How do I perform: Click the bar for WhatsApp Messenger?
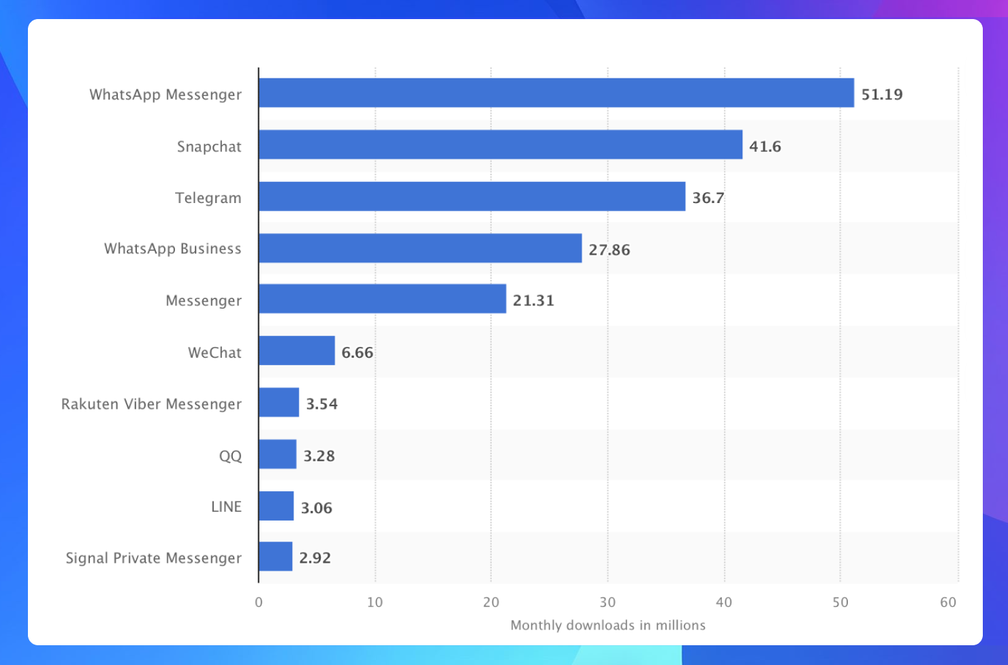pyautogui.click(x=556, y=93)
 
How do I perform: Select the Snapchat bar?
pyautogui.click(x=501, y=144)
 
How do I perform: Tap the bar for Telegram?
pyautogui.click(x=472, y=196)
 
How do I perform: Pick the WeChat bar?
pyautogui.click(x=297, y=350)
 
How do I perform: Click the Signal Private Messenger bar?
pyautogui.click(x=276, y=557)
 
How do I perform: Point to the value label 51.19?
pyautogui.click(x=882, y=94)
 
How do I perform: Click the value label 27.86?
pyautogui.click(x=610, y=249)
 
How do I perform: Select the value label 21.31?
pyautogui.click(x=533, y=300)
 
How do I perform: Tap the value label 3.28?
pyautogui.click(x=319, y=456)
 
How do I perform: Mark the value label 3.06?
pyautogui.click(x=317, y=508)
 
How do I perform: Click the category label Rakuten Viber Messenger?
pyautogui.click(x=151, y=404)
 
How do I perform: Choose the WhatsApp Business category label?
pyautogui.click(x=172, y=249)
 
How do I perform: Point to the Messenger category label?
pyautogui.click(x=204, y=300)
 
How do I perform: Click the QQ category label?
pyautogui.click(x=230, y=456)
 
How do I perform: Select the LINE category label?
pyautogui.click(x=226, y=507)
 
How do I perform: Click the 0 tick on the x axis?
pyautogui.click(x=259, y=602)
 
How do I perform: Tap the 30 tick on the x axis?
pyautogui.click(x=608, y=602)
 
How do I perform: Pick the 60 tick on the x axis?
pyautogui.click(x=948, y=602)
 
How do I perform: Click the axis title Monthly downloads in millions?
pyautogui.click(x=608, y=625)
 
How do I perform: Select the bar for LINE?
pyautogui.click(x=277, y=506)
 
